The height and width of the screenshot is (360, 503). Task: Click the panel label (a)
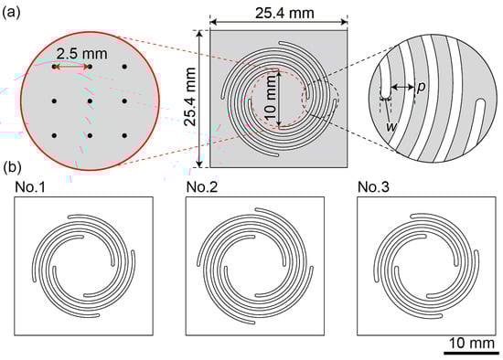(12, 13)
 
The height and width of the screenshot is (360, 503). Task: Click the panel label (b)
(12, 168)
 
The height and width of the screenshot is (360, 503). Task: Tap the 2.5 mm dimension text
(82, 54)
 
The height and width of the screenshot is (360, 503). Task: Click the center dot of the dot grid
(90, 101)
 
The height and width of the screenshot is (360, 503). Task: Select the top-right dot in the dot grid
(124, 67)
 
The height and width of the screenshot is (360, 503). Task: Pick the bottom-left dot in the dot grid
(55, 135)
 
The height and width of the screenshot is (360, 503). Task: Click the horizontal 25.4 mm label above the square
(284, 13)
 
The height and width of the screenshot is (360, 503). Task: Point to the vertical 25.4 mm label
(190, 97)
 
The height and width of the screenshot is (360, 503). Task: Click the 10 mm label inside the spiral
(271, 98)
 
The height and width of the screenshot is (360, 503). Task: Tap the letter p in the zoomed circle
(421, 87)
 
